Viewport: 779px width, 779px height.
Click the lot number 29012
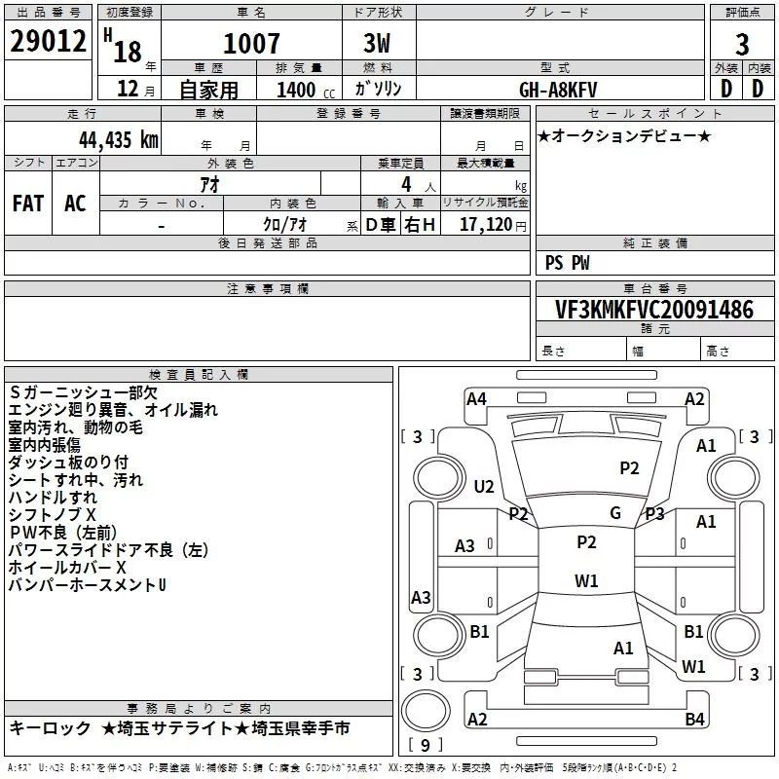(46, 43)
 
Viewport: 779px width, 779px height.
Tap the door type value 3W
(380, 43)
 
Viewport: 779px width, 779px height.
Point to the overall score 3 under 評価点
(742, 43)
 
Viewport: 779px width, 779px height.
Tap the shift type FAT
(28, 203)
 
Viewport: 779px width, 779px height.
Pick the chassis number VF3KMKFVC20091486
(653, 310)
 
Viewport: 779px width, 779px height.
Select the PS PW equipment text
(567, 263)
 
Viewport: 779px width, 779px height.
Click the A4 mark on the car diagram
(476, 398)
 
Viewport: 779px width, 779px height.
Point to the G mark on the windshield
(615, 512)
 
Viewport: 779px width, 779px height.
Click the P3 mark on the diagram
(654, 513)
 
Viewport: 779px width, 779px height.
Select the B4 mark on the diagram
(694, 720)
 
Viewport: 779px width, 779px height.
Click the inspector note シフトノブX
(53, 514)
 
